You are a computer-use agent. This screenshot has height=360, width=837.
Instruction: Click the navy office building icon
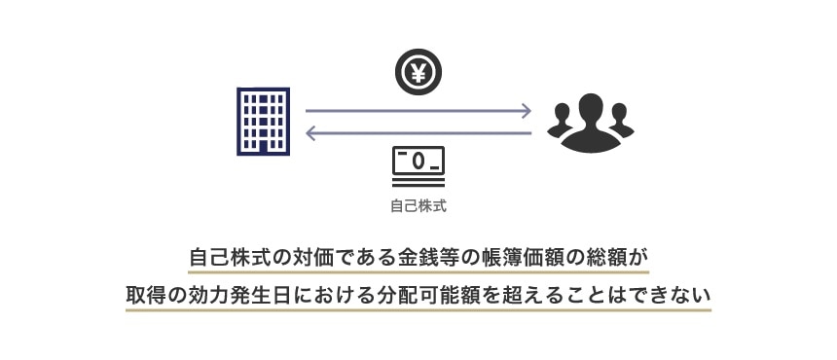point(263,122)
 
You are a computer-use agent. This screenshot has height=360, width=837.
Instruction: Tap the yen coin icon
point(418,71)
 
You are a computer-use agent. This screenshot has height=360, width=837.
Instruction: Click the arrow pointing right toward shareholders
point(418,111)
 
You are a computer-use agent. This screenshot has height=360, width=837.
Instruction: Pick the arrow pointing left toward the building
point(418,133)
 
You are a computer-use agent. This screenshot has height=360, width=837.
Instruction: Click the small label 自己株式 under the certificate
point(418,206)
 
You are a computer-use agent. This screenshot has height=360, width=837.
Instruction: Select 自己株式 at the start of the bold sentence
point(231,259)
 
